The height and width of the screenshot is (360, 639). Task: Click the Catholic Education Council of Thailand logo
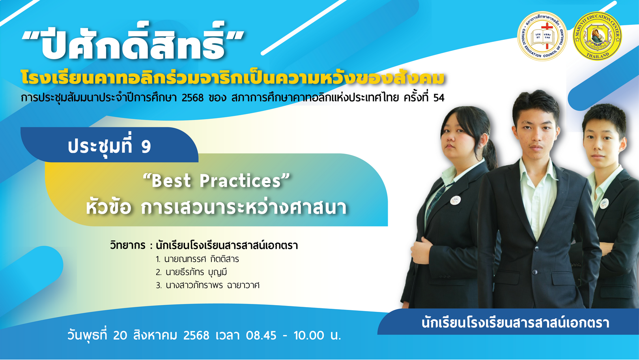point(542,36)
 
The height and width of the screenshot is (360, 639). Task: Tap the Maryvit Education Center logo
point(597,36)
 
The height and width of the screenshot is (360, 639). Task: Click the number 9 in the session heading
point(146,147)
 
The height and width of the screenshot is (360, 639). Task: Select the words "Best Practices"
point(216,181)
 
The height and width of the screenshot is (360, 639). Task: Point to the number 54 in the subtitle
point(439,98)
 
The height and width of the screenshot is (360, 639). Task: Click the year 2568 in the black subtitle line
point(192,98)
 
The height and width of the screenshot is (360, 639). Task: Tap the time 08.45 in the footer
point(261,336)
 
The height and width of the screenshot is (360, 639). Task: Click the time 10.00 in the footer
point(309,336)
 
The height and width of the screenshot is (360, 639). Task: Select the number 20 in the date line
point(120,336)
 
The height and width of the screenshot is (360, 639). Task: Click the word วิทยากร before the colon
point(128,245)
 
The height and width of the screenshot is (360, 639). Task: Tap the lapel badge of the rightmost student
point(604,203)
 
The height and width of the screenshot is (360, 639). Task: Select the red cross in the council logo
point(547,34)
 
